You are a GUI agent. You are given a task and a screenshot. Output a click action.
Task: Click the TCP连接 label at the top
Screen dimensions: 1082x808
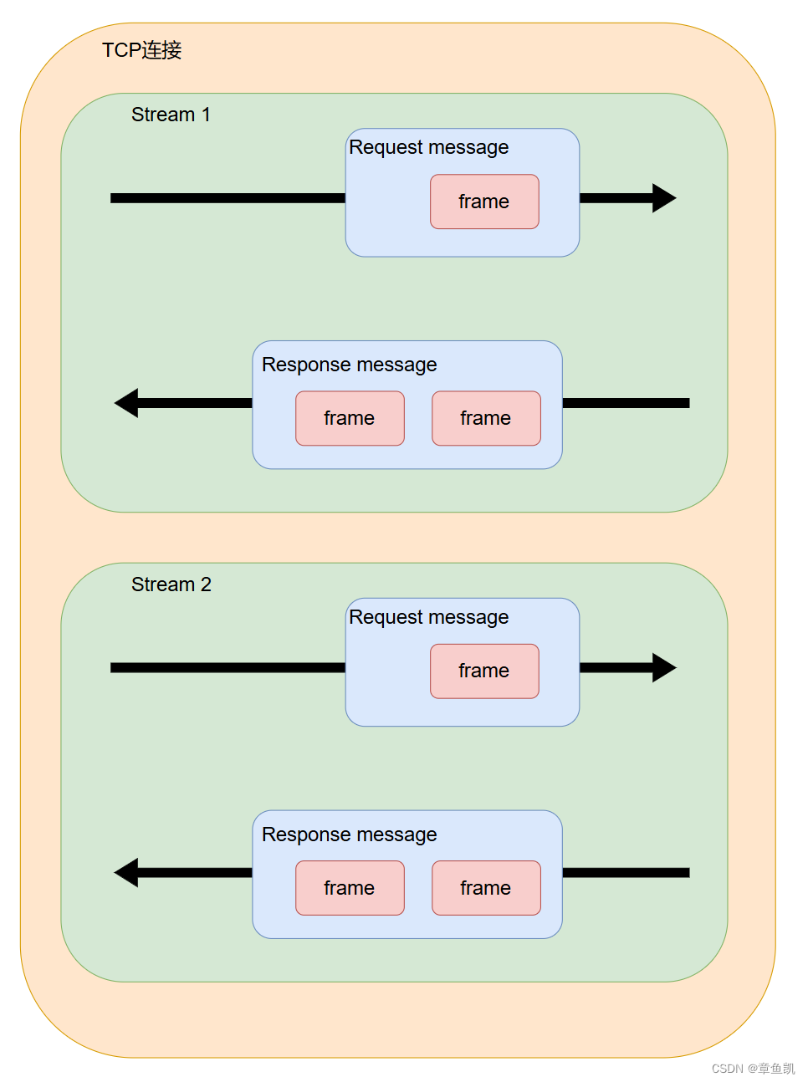[x=141, y=50]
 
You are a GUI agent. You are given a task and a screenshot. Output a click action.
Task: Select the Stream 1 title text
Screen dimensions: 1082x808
[x=171, y=115]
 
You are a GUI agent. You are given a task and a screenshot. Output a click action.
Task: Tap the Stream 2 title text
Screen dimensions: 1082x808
[x=171, y=584]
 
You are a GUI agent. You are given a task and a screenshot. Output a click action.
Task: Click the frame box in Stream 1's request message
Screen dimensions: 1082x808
[x=484, y=202]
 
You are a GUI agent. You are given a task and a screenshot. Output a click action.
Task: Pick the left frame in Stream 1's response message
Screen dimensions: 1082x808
[x=350, y=418]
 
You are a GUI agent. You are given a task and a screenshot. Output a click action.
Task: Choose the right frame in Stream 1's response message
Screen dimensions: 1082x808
[x=486, y=418]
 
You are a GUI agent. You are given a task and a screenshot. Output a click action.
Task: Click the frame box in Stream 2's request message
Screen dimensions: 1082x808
[x=484, y=671]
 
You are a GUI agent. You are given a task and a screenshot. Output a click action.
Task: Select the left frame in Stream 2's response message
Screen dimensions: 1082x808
[x=350, y=888]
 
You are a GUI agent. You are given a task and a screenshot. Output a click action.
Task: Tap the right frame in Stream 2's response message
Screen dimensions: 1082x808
[x=486, y=888]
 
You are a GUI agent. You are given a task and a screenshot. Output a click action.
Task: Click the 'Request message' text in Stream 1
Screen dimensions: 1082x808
[x=428, y=147]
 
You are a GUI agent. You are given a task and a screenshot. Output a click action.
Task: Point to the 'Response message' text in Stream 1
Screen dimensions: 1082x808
[x=349, y=365]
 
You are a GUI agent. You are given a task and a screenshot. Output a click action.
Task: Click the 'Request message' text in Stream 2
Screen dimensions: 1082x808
[x=428, y=617]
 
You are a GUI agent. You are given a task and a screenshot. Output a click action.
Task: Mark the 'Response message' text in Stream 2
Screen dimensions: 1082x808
[x=349, y=834]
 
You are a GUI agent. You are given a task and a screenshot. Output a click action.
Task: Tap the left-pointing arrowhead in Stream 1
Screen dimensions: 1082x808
[x=127, y=403]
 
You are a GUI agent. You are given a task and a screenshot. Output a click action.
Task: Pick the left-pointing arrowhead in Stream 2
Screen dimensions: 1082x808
[x=127, y=873]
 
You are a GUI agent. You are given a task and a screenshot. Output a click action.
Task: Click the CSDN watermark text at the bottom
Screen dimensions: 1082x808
[x=753, y=1069]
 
